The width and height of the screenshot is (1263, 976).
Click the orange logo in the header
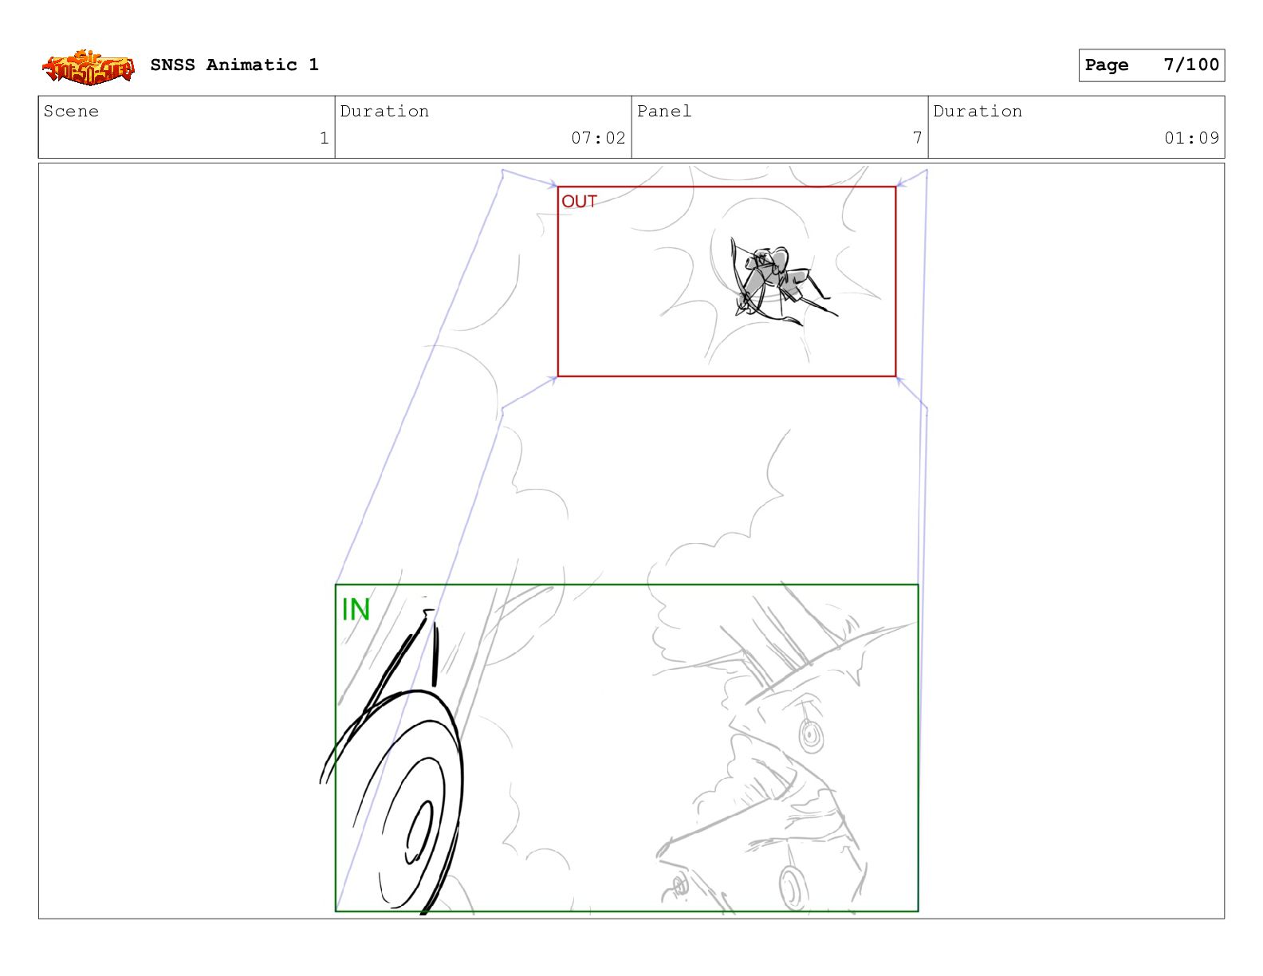tap(89, 67)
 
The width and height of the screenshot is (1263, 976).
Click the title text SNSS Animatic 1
tap(234, 65)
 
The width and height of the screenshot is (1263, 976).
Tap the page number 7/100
tap(1191, 65)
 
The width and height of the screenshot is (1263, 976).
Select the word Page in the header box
tap(1107, 65)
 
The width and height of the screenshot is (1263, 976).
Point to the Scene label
tap(71, 111)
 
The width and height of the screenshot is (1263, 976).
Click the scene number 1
tap(324, 138)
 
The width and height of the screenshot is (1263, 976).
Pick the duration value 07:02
tap(598, 138)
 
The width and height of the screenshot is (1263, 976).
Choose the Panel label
tap(663, 111)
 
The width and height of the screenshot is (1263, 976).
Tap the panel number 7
tap(917, 138)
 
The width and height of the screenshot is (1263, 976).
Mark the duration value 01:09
tap(1191, 138)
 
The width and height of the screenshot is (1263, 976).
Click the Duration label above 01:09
tap(978, 111)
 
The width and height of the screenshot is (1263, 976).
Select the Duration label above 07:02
tap(384, 111)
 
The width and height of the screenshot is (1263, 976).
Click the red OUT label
tap(579, 201)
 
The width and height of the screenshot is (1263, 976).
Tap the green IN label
tap(356, 609)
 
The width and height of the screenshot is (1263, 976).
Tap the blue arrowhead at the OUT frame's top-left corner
tap(552, 184)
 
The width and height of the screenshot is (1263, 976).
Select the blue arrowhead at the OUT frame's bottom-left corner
tap(552, 379)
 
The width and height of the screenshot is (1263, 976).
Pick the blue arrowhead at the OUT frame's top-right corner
tap(902, 183)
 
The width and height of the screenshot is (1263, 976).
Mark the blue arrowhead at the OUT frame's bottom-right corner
tap(901, 380)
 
